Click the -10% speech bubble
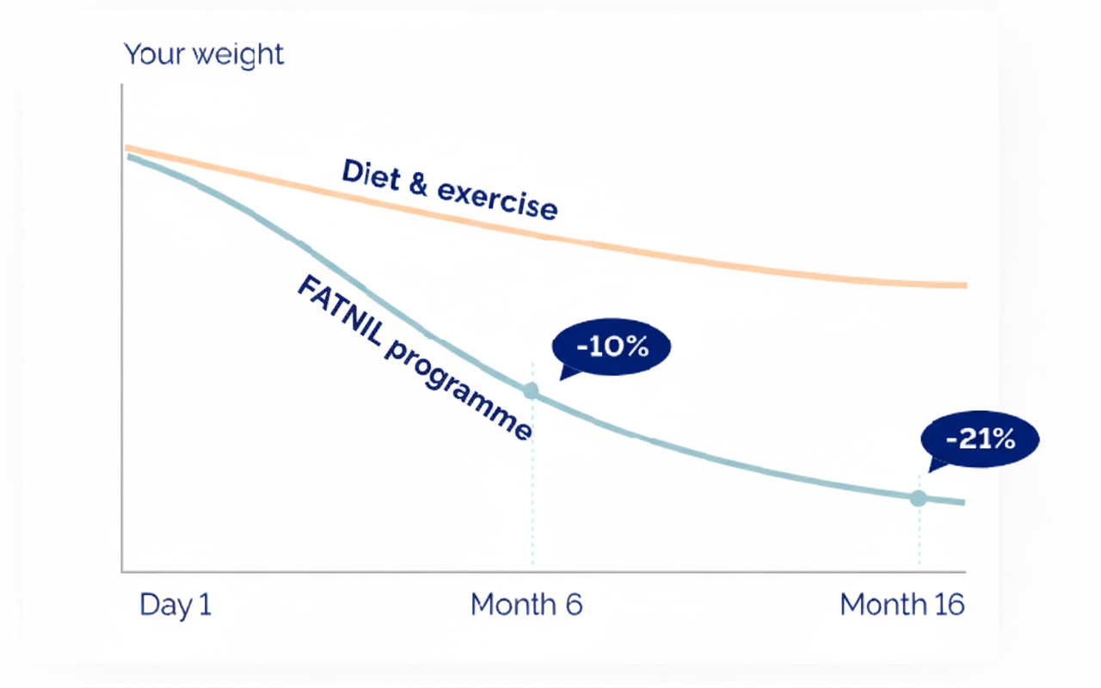click(x=611, y=347)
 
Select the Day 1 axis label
click(x=175, y=605)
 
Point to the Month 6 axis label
click(x=526, y=605)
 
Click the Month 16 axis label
click(x=902, y=605)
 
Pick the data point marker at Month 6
click(x=531, y=391)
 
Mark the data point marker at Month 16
click(x=919, y=498)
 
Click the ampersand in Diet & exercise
click(x=418, y=185)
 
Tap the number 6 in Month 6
click(x=573, y=605)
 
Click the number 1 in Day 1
click(x=204, y=605)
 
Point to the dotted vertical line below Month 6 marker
click(x=532, y=482)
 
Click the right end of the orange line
click(x=963, y=285)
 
